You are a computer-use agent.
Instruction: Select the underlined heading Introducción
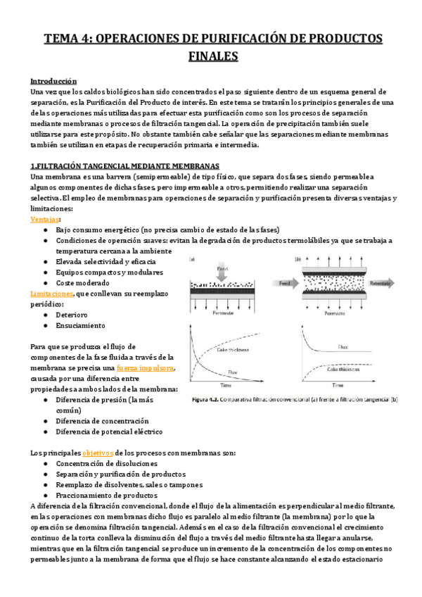(53, 82)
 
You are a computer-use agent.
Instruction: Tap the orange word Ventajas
(45, 220)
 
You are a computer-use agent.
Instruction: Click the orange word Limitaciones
(51, 294)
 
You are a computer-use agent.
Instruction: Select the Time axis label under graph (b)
(338, 385)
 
